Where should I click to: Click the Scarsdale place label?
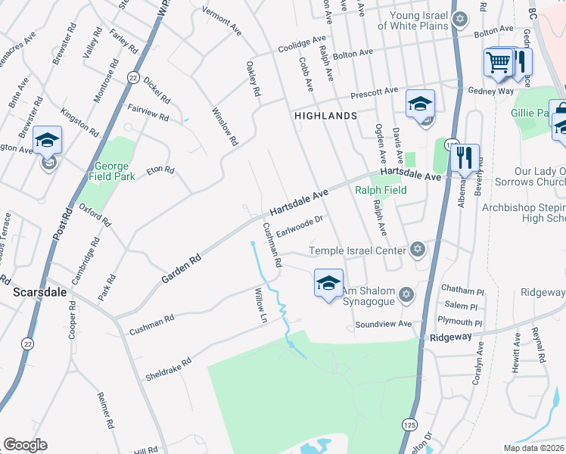[37, 291]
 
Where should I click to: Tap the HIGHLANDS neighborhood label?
[325, 116]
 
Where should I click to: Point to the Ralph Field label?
[381, 190]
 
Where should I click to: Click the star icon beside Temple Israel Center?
[416, 250]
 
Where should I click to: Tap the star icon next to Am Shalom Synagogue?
[406, 294]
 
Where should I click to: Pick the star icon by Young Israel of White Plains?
[459, 18]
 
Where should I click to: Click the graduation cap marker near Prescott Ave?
[420, 104]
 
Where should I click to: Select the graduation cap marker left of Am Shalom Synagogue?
[328, 284]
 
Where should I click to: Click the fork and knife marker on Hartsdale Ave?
[465, 159]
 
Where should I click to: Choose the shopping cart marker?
[499, 64]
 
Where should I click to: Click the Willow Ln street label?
[261, 305]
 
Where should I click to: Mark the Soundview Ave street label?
[384, 325]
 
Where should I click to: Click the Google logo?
[25, 445]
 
